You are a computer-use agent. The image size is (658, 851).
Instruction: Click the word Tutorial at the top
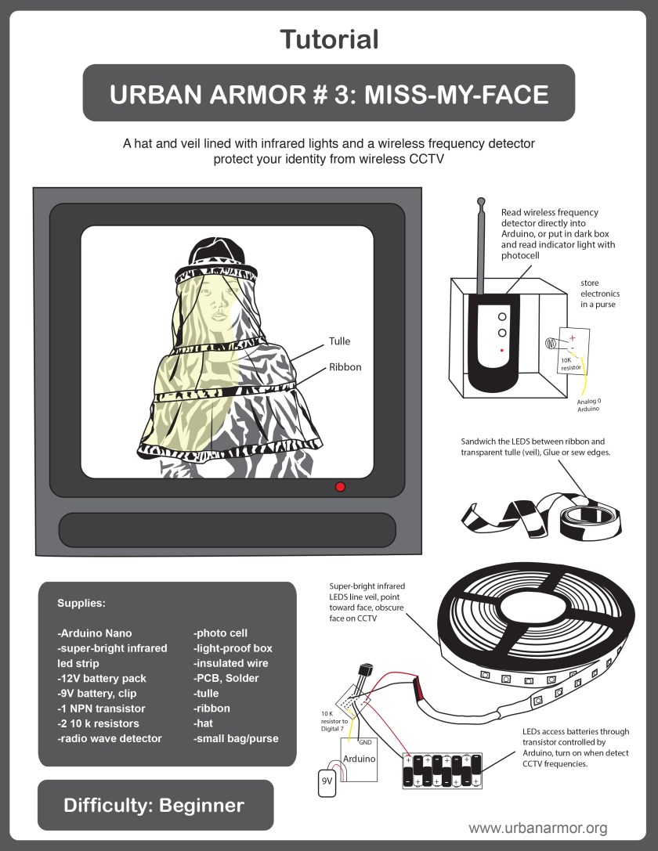[329, 40]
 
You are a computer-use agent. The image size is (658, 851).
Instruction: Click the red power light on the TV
[341, 487]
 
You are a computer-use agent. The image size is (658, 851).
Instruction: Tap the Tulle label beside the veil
[339, 341]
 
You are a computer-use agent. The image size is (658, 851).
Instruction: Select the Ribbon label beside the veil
[345, 367]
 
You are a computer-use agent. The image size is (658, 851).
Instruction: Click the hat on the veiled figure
[216, 251]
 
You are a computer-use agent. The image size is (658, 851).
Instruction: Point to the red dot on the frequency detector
[502, 351]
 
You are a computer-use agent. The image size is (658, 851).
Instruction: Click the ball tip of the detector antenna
[480, 201]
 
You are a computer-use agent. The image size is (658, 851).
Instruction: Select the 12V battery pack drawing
[442, 770]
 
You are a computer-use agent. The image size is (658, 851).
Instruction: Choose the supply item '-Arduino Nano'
[95, 633]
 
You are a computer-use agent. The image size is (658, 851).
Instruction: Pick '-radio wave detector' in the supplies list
[110, 738]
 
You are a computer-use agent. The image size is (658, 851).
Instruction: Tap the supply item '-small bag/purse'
[236, 738]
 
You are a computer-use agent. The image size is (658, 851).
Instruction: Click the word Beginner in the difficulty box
[201, 806]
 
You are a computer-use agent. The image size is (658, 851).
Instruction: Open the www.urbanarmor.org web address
[538, 828]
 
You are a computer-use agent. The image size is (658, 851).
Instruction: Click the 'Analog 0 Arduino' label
[589, 405]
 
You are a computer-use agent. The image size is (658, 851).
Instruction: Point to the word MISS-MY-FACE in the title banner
[456, 95]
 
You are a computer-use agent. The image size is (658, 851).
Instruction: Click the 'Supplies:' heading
[81, 604]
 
